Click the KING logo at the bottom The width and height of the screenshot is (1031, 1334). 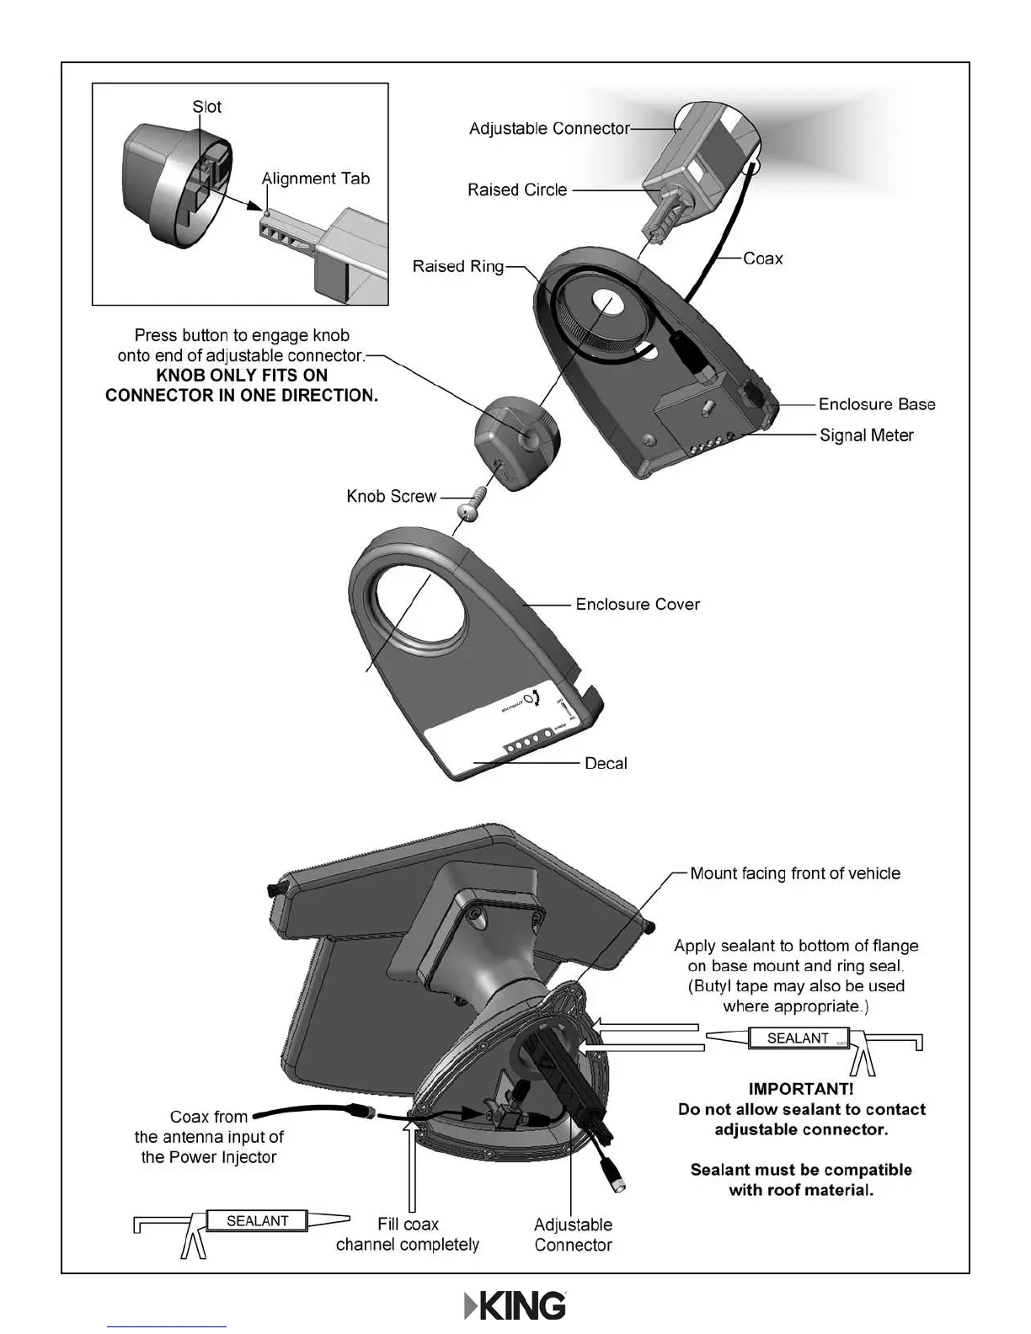[515, 1306]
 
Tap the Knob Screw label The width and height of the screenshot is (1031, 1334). [391, 496]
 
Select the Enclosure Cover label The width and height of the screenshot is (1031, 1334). [637, 604]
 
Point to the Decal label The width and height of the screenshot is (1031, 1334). [606, 763]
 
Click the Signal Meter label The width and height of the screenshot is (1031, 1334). [866, 435]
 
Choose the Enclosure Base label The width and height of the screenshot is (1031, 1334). [876, 404]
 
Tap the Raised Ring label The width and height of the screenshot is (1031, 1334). [457, 266]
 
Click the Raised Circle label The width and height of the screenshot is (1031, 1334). [517, 190]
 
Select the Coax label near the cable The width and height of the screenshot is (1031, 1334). [762, 259]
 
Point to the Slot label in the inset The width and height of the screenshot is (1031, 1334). [206, 107]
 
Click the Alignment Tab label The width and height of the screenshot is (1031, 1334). [315, 179]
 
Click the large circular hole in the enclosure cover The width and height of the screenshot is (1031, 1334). [419, 606]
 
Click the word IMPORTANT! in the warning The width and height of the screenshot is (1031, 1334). [800, 1089]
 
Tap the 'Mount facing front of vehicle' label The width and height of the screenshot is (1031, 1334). [794, 873]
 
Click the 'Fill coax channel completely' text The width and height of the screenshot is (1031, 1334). [408, 1235]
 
